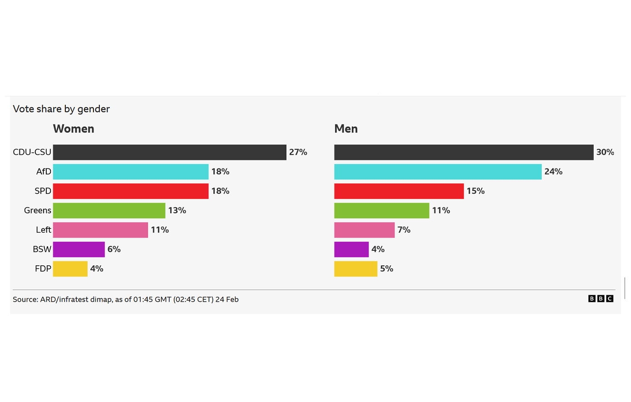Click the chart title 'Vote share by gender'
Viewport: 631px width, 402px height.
(61, 109)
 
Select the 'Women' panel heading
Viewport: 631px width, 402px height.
(74, 129)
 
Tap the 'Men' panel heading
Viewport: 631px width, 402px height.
(346, 129)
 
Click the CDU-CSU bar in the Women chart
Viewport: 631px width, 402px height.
(169, 152)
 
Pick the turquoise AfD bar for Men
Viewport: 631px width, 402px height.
(438, 172)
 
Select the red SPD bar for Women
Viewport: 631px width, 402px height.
(131, 191)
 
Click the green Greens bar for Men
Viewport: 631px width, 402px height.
(381, 211)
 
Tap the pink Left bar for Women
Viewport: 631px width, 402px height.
(100, 230)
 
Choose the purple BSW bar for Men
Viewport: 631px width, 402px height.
(351, 249)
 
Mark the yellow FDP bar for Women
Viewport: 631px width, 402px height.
(70, 269)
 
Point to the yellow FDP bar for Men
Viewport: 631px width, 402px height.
(355, 269)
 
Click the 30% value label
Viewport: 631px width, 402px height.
(605, 152)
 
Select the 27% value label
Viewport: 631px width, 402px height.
(298, 152)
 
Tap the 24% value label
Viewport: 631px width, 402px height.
(553, 172)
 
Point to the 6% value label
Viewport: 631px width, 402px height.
(114, 249)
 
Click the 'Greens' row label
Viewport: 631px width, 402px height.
(38, 211)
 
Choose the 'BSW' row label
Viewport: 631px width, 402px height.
(42, 249)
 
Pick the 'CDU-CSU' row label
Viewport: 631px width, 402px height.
(32, 152)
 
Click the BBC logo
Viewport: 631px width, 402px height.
(601, 298)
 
